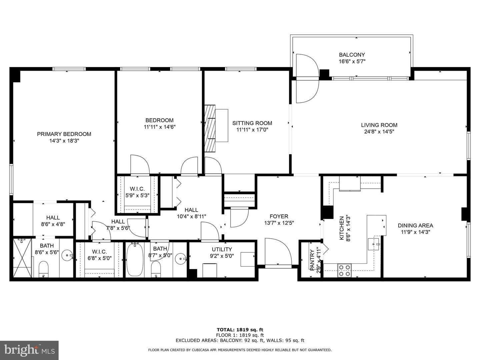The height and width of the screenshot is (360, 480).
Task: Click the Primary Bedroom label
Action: (x=64, y=134)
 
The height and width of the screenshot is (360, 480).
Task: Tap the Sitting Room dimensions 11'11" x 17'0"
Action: (x=252, y=130)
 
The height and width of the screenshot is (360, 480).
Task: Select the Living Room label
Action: (x=379, y=125)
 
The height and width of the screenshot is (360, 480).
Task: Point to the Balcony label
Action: (x=352, y=55)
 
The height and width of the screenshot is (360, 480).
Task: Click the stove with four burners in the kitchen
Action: (x=344, y=270)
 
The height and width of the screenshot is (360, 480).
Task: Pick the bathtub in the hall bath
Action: (x=135, y=260)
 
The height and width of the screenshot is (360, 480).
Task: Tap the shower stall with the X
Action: (x=23, y=258)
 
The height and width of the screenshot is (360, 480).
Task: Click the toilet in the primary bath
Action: (x=44, y=269)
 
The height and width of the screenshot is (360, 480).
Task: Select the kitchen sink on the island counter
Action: (x=374, y=244)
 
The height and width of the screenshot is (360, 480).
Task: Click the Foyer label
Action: (x=279, y=216)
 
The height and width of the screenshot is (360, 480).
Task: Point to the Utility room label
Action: (x=222, y=249)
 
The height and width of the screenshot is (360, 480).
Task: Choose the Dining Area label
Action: (x=415, y=225)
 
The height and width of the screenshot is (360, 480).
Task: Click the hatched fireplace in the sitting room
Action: (x=210, y=129)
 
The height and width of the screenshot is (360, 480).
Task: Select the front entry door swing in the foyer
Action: (x=278, y=252)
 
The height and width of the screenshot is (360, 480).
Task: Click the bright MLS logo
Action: (x=29, y=350)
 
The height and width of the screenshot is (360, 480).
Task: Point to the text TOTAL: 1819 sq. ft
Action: (x=240, y=330)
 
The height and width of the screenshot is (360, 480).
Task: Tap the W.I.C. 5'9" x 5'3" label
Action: (x=137, y=192)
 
